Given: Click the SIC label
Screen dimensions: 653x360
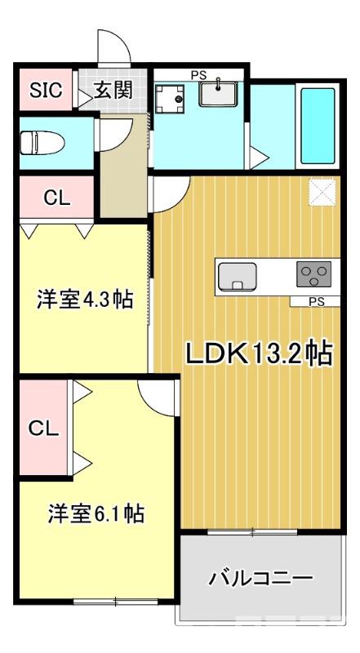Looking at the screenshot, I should (46, 91).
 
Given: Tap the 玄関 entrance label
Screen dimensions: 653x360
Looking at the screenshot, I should (113, 91).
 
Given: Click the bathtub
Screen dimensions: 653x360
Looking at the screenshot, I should (318, 125).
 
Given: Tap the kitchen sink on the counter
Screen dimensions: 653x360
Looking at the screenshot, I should (237, 276).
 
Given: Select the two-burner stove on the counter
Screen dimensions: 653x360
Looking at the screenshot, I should (313, 273).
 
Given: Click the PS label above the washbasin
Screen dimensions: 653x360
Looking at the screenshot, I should (198, 75).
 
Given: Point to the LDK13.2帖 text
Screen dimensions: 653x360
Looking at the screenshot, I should (259, 353).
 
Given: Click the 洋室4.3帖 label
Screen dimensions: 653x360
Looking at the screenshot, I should (84, 300).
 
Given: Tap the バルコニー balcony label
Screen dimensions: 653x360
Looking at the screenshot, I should (260, 580).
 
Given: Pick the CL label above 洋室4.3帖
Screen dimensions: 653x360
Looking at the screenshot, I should (56, 198).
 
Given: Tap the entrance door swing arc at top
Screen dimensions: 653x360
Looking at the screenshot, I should (113, 45).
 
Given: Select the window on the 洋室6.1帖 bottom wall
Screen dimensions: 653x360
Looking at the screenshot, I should (114, 602).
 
